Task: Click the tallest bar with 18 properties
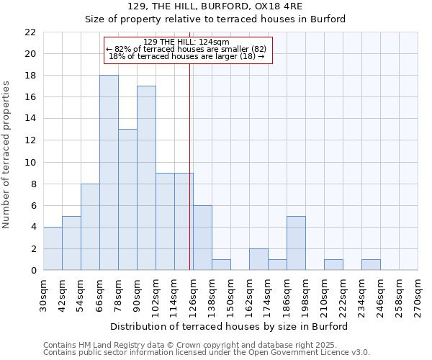pos(109,173)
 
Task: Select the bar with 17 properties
pos(146,178)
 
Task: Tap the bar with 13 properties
pos(127,199)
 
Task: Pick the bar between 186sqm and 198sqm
pos(296,243)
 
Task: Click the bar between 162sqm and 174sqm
pos(258,259)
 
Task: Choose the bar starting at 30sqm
pos(53,248)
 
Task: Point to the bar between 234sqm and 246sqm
pos(371,264)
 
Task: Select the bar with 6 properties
pos(202,238)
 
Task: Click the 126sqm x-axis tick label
pos(193,295)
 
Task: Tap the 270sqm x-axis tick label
pos(418,295)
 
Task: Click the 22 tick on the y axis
pos(30,32)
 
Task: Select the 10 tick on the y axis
pos(30,162)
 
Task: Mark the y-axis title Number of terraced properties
pos(7,155)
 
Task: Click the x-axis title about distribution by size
pos(230,326)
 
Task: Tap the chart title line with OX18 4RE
pos(215,6)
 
